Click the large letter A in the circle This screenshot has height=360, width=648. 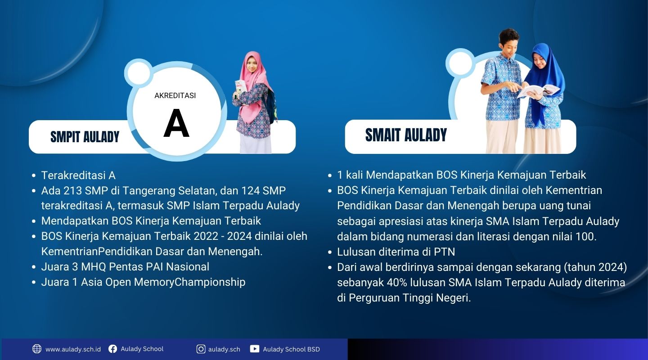pyautogui.click(x=176, y=124)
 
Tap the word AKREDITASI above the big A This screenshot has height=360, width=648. pyautogui.click(x=175, y=95)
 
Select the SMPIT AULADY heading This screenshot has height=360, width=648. pyautogui.click(x=85, y=137)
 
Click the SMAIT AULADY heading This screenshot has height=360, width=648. pyautogui.click(x=406, y=135)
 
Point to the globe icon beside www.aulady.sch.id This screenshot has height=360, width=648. pyautogui.click(x=37, y=349)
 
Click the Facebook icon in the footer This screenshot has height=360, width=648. pyautogui.click(x=113, y=349)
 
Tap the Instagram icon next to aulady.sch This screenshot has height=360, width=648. pyautogui.click(x=201, y=349)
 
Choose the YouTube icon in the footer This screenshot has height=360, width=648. pyautogui.click(x=255, y=349)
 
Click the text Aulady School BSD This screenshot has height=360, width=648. pyautogui.click(x=291, y=349)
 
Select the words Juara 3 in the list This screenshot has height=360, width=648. pyautogui.click(x=60, y=267)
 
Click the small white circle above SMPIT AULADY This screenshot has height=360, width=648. pyautogui.click(x=139, y=73)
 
